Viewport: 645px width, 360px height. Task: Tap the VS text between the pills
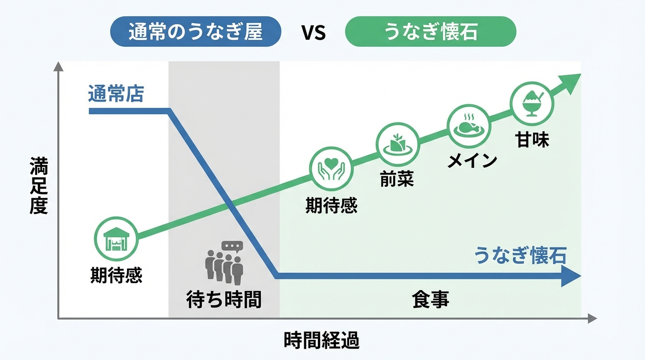313,33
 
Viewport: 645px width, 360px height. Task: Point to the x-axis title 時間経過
322,341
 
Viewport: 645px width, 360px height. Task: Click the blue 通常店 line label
116,94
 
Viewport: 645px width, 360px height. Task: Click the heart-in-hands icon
331,168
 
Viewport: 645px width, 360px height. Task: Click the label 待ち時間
224,299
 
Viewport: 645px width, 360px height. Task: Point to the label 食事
430,299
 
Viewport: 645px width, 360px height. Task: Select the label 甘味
533,140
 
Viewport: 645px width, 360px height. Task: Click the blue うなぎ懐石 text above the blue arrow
520,256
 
